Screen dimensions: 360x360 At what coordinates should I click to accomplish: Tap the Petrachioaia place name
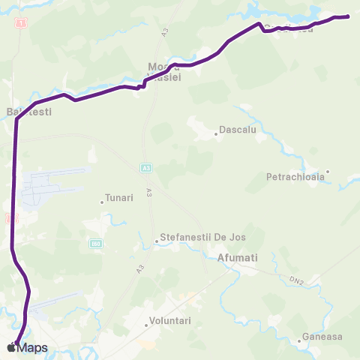click(x=295, y=178)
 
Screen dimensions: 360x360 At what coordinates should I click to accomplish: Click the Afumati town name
click(x=237, y=258)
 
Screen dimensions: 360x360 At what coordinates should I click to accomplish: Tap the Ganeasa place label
click(x=322, y=337)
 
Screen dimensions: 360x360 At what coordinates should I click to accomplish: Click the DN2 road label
click(x=298, y=281)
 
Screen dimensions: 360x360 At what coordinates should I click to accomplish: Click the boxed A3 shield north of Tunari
click(x=145, y=169)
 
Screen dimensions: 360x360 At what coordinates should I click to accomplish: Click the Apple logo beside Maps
click(x=11, y=347)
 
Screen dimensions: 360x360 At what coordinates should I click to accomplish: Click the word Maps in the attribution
click(x=33, y=347)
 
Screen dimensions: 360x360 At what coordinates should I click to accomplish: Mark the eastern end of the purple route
click(x=349, y=16)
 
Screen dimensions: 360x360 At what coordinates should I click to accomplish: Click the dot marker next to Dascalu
click(x=216, y=134)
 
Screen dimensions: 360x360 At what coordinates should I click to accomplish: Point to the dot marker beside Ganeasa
click(x=299, y=341)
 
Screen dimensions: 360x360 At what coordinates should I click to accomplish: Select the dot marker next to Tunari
click(x=102, y=202)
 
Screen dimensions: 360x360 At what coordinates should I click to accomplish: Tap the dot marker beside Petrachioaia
click(x=328, y=172)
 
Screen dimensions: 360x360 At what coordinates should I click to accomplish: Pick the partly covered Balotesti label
click(x=29, y=112)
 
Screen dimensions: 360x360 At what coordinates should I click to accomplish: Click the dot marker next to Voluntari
click(x=146, y=325)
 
